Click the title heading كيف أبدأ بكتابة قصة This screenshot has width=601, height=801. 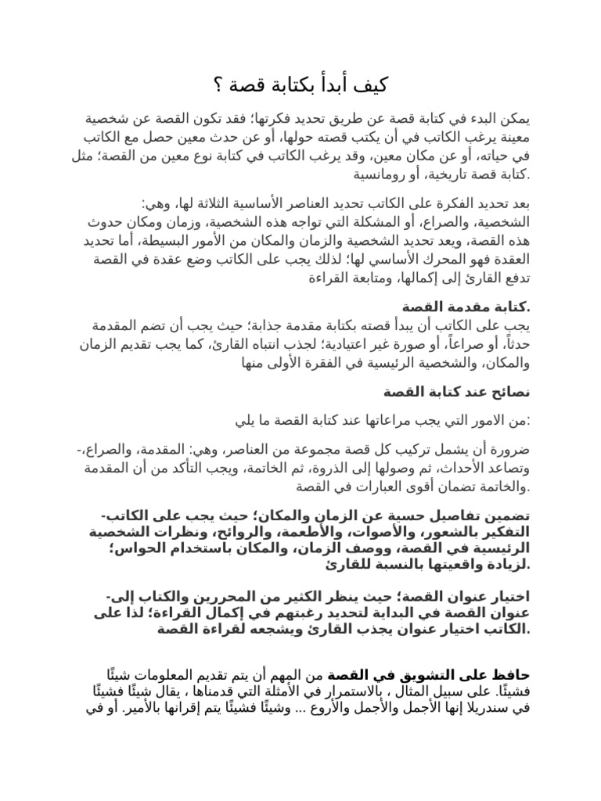tap(308, 84)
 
